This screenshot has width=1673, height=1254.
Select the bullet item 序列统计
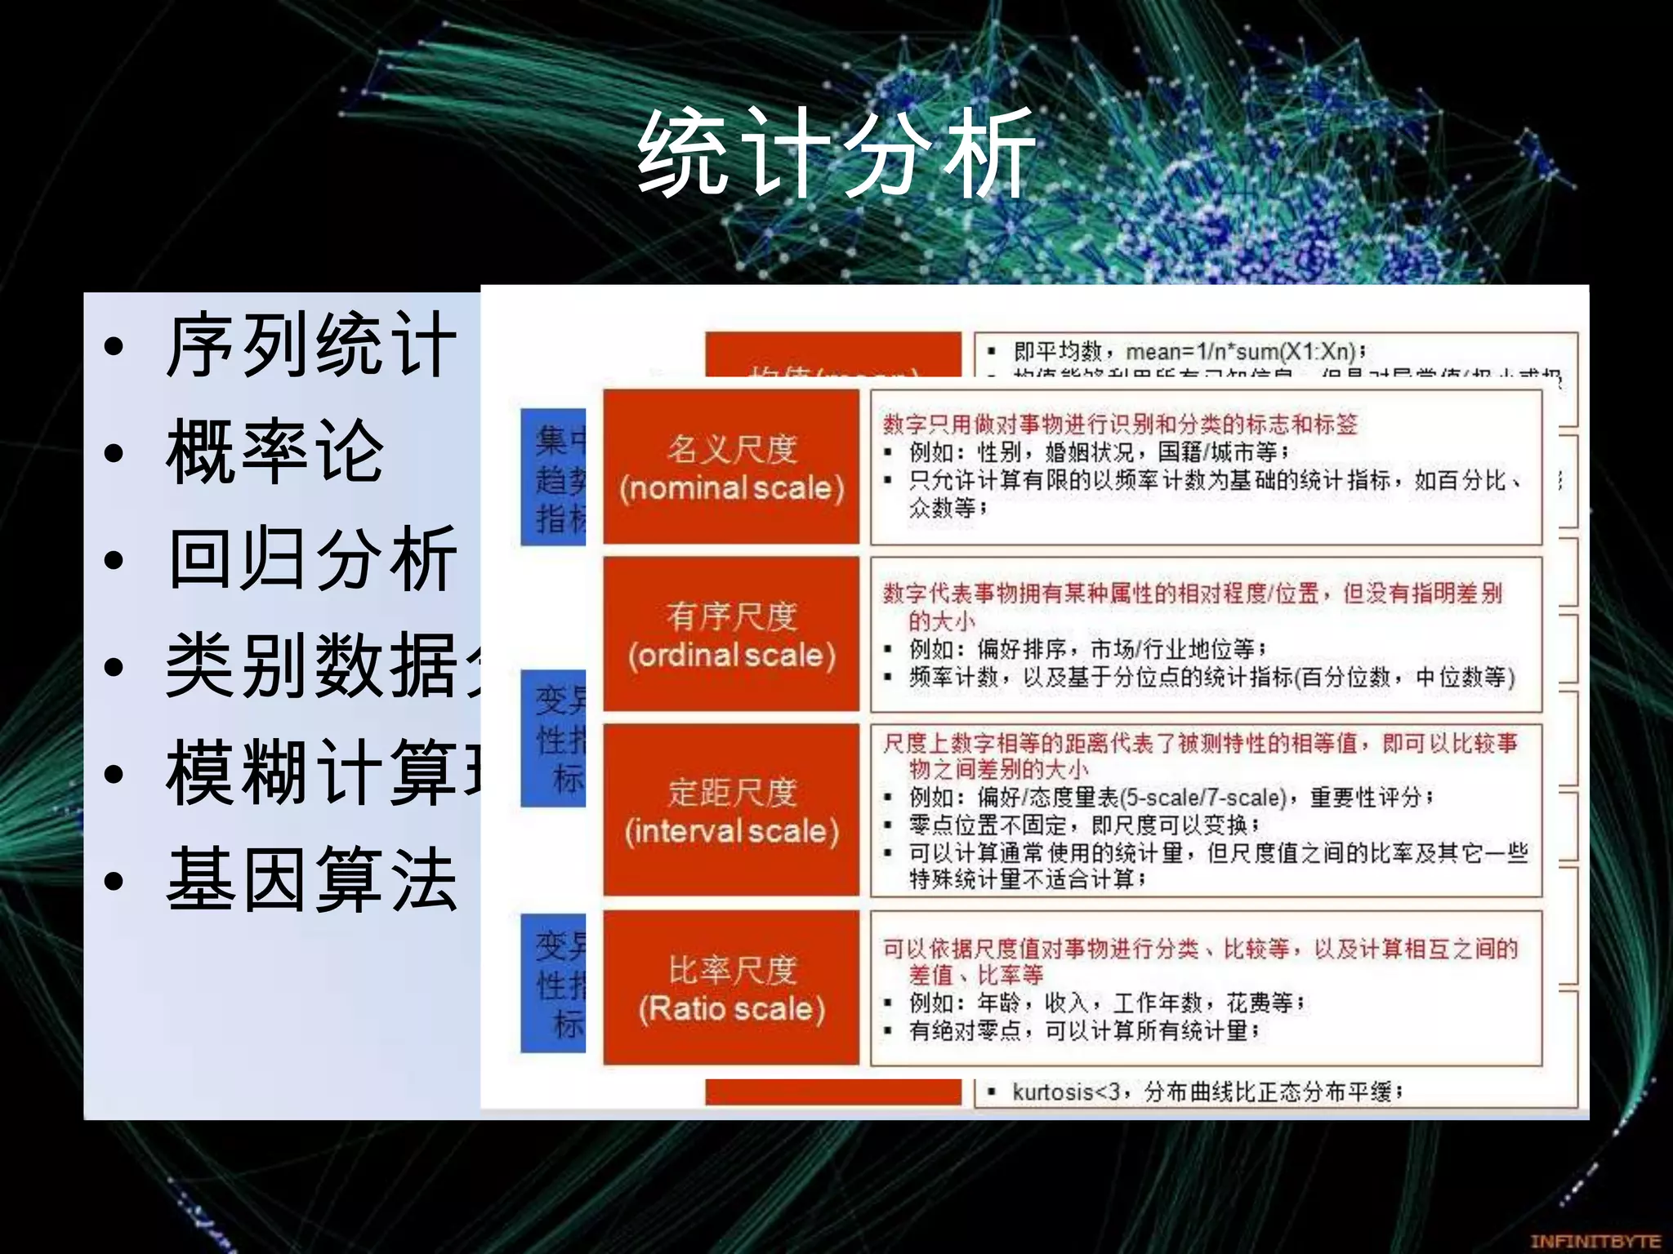310,346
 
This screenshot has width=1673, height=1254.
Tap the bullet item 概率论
274,452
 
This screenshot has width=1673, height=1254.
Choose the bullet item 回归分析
310,560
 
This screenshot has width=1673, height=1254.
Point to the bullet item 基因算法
310,880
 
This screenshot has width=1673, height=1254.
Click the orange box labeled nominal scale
731,468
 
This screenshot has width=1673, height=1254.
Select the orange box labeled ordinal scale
731,635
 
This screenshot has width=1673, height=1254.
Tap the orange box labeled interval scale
731,811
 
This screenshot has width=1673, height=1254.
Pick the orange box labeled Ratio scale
731,989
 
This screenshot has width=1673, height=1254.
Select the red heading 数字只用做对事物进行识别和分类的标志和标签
1119,424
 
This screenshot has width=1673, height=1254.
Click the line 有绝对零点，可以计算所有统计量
1083,1031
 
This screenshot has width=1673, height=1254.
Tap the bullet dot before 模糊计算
114,774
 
